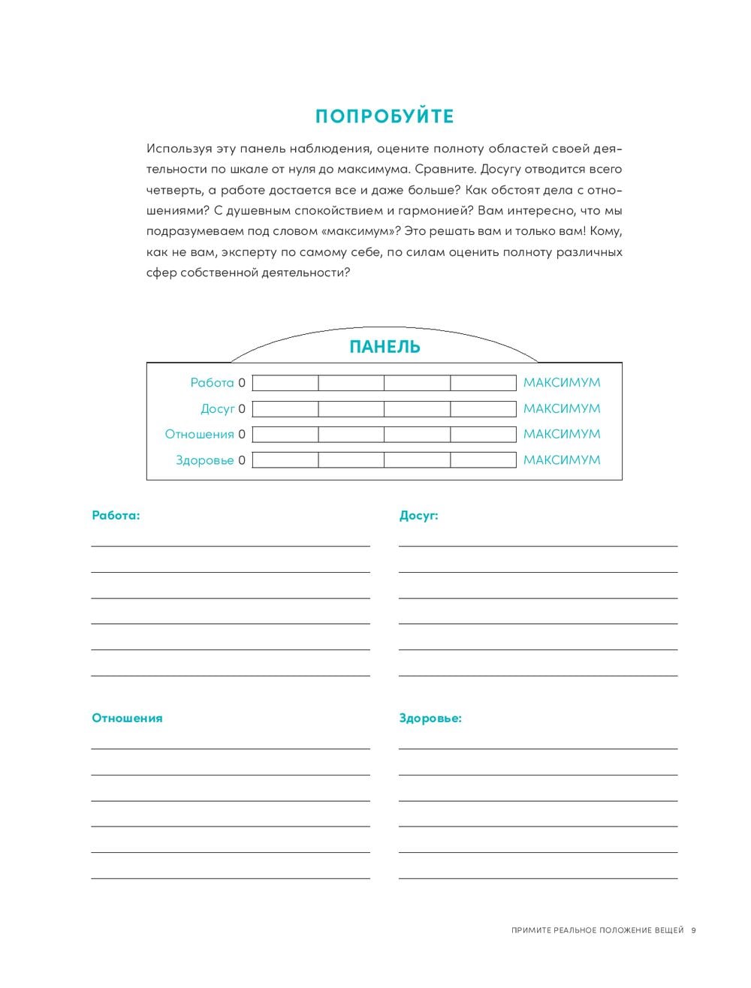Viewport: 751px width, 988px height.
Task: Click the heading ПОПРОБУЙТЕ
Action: (385, 116)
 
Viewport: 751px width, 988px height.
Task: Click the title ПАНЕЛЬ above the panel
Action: (385, 347)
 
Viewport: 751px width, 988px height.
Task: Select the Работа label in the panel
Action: (212, 383)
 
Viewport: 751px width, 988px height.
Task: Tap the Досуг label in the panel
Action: (217, 409)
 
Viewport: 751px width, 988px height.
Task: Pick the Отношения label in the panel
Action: (199, 435)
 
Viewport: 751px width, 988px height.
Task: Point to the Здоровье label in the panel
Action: (204, 460)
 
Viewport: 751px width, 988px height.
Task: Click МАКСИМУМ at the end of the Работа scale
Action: (562, 383)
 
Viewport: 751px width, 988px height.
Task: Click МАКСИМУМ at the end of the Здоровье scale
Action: (562, 460)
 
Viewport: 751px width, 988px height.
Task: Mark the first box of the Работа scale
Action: (285, 383)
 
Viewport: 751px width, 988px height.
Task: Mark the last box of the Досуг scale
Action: (483, 409)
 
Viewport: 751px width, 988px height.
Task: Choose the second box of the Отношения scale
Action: (351, 435)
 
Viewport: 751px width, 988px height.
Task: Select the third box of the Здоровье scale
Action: (417, 460)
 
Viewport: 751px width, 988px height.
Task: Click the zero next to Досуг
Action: (242, 409)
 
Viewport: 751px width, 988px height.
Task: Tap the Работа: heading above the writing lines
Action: (116, 516)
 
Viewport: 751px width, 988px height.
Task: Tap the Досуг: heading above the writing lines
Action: (418, 516)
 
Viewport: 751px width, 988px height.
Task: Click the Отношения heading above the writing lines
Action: (127, 718)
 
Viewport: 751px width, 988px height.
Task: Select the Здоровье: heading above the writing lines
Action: (430, 718)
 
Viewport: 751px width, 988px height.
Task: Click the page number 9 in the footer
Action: (694, 930)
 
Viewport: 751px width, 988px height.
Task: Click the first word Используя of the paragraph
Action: (174, 149)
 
